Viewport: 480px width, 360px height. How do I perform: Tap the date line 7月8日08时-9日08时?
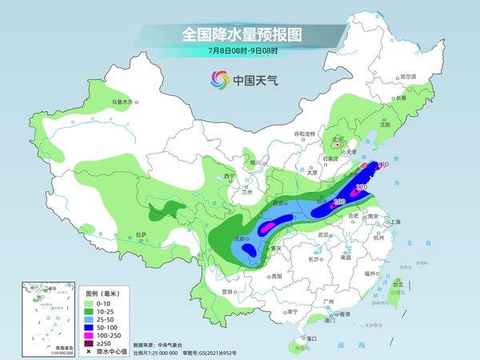[x=239, y=52]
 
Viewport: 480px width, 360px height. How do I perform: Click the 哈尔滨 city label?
[x=409, y=76]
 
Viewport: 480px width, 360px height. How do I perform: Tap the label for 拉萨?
[x=141, y=234]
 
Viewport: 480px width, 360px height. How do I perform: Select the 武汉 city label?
[x=324, y=235]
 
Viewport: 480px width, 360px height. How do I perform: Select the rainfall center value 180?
[x=339, y=202]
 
